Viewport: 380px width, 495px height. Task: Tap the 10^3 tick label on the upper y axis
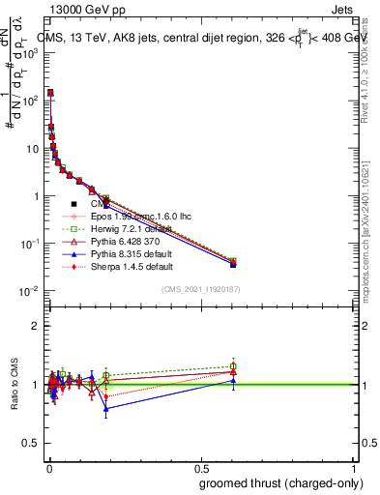(32, 54)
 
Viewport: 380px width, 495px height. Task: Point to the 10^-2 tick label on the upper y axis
(32, 291)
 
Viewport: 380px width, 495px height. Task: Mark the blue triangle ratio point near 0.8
(106, 408)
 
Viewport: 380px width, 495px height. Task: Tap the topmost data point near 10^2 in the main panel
(49, 93)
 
